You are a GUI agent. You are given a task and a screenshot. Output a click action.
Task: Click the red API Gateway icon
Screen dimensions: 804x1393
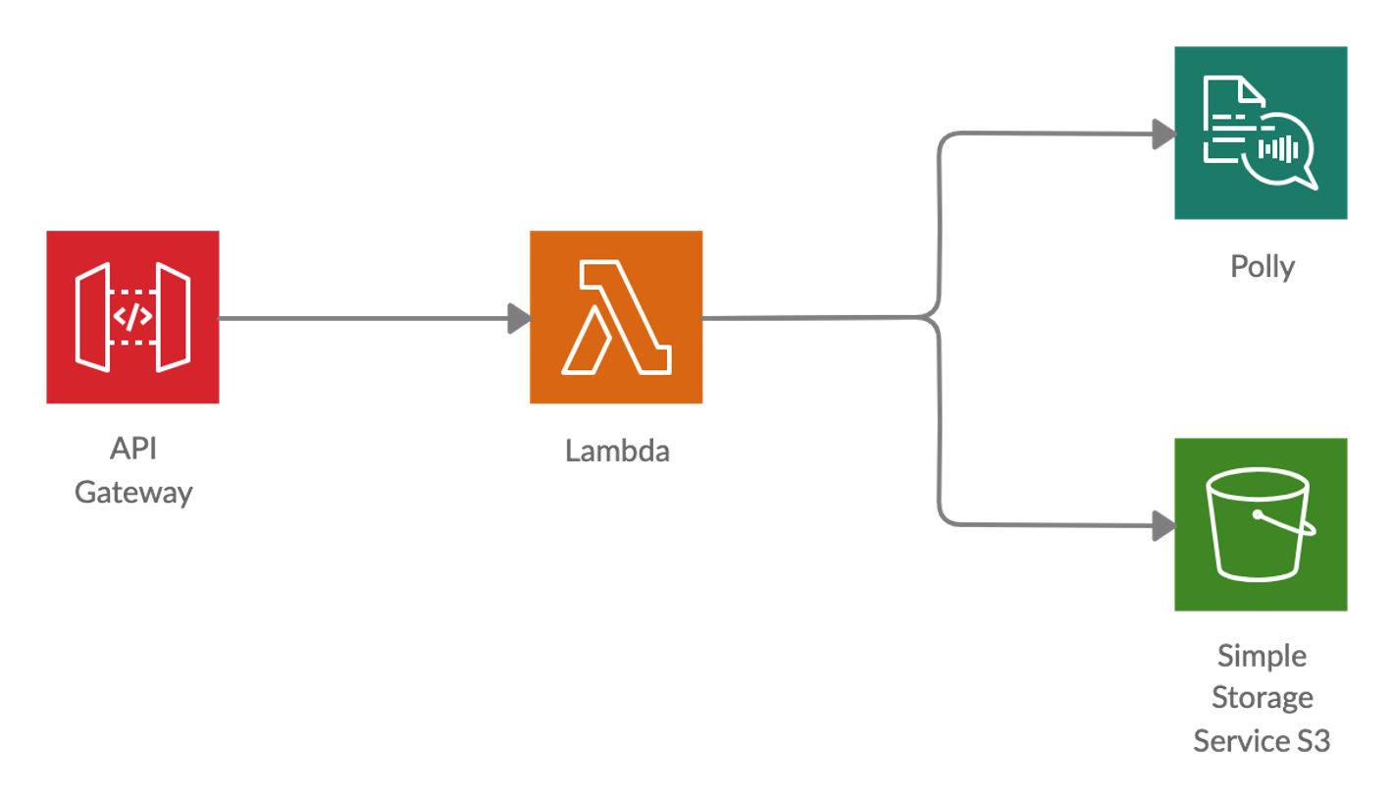132,317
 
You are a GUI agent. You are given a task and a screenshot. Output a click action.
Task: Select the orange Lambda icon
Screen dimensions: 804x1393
616,317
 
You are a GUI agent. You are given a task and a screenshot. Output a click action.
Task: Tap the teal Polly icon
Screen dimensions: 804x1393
1261,133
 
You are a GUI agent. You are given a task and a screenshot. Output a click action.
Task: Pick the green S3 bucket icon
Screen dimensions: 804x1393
1261,524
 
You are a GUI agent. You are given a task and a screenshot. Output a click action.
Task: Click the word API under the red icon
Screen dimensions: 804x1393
132,449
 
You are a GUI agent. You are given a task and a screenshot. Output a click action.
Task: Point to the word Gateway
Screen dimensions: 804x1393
133,492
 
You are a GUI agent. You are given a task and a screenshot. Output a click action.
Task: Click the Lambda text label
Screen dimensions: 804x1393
617,451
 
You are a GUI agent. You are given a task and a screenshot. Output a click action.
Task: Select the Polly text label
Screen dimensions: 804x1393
1263,266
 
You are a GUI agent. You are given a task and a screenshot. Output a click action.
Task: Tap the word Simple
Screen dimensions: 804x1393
1262,655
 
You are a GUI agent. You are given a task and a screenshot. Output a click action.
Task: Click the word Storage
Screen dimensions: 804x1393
1262,698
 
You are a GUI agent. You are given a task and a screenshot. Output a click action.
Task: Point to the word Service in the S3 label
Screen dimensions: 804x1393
1237,741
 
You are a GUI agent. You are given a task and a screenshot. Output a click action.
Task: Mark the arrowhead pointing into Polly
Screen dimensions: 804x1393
1163,134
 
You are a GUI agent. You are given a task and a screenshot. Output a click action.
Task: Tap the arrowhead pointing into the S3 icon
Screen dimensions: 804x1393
1163,526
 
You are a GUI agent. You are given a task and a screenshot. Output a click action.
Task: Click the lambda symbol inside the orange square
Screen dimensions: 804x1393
616,317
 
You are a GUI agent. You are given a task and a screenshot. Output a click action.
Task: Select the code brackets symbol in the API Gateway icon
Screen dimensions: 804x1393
132,317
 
